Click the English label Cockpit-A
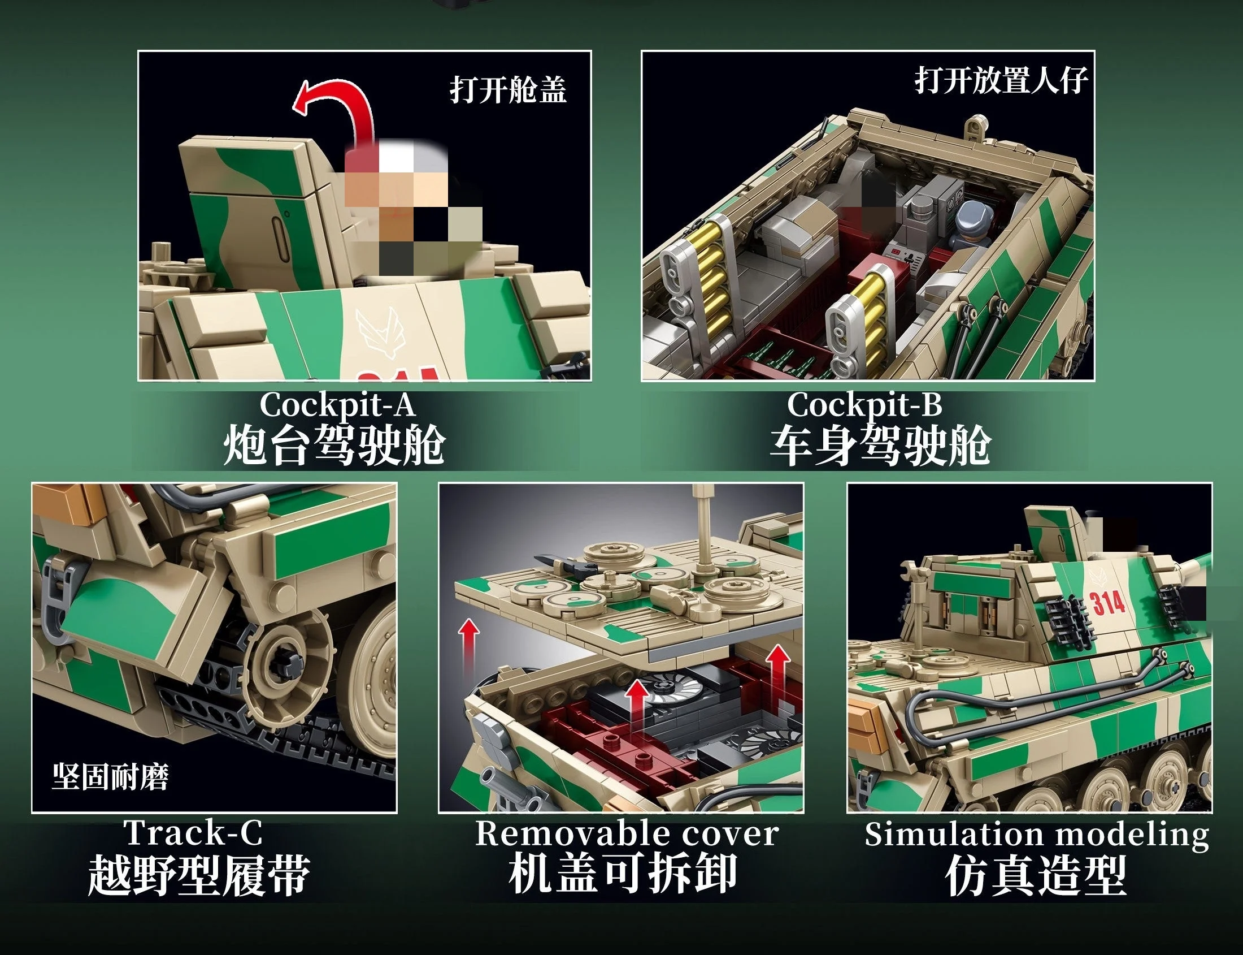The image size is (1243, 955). click(x=337, y=405)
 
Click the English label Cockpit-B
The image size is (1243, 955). click(x=864, y=405)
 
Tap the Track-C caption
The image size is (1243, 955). click(x=194, y=833)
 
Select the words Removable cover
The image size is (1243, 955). click(x=627, y=834)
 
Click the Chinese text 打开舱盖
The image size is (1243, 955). click(x=508, y=90)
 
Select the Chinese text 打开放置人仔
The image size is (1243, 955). click(x=1001, y=80)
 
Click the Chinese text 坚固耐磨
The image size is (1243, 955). click(x=110, y=776)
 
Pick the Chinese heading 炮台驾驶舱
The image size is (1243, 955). click(x=334, y=445)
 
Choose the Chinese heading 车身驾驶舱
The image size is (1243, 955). click(x=881, y=446)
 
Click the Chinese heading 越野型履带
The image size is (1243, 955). click(x=199, y=875)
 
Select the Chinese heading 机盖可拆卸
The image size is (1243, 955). click(x=623, y=873)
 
